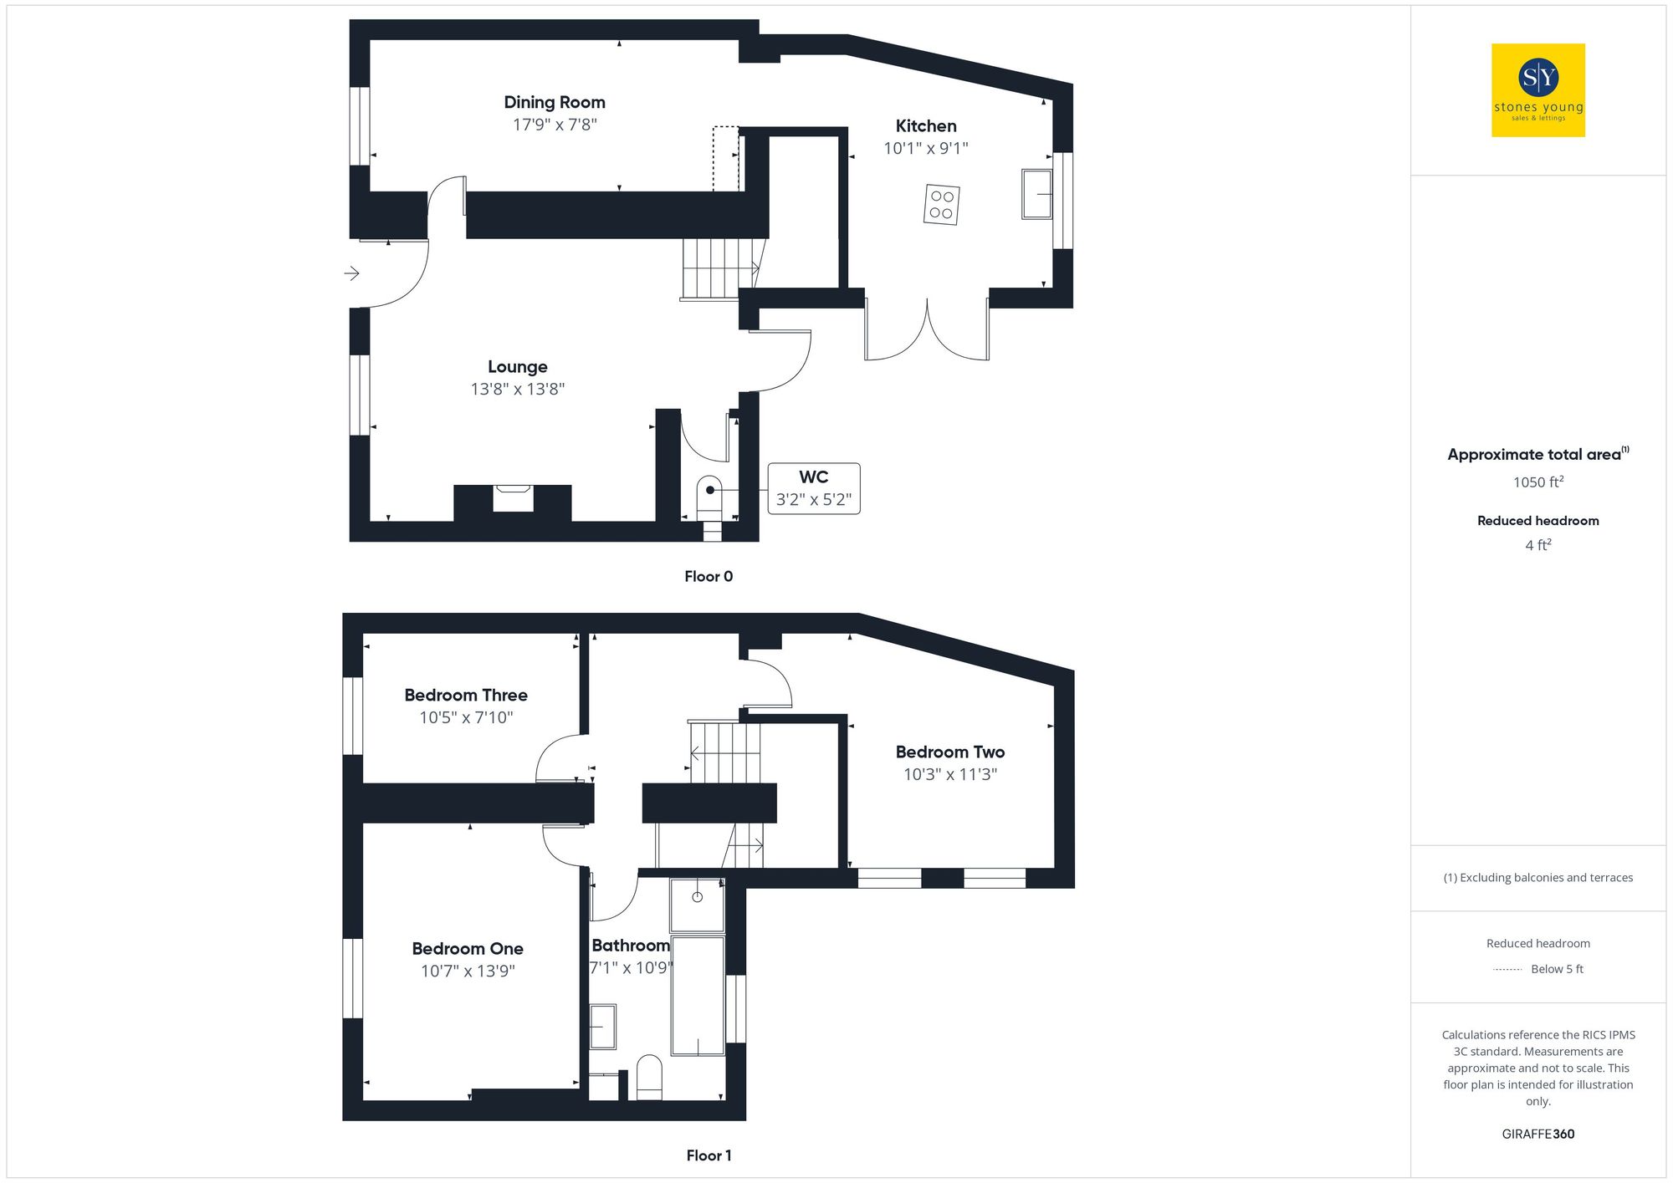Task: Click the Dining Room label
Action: [x=554, y=102]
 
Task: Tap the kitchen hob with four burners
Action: [x=941, y=205]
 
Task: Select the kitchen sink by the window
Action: [x=1036, y=194]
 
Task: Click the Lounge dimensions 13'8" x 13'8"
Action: [x=517, y=389]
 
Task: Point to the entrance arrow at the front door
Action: [x=351, y=273]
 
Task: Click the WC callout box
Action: [x=813, y=488]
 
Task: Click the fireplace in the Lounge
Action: [x=512, y=497]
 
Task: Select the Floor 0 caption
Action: [x=708, y=576]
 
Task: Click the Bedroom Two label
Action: [x=949, y=752]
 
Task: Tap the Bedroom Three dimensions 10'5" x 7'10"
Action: [x=466, y=717]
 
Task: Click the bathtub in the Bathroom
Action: [x=698, y=995]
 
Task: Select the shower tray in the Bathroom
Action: [x=696, y=905]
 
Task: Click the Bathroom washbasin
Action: [x=602, y=1027]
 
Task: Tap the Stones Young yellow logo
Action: [x=1537, y=90]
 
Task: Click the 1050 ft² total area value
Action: [x=1537, y=482]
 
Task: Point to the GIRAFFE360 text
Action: [x=1537, y=1134]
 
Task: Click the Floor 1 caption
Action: [x=708, y=1155]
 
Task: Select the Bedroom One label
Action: [x=467, y=949]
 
